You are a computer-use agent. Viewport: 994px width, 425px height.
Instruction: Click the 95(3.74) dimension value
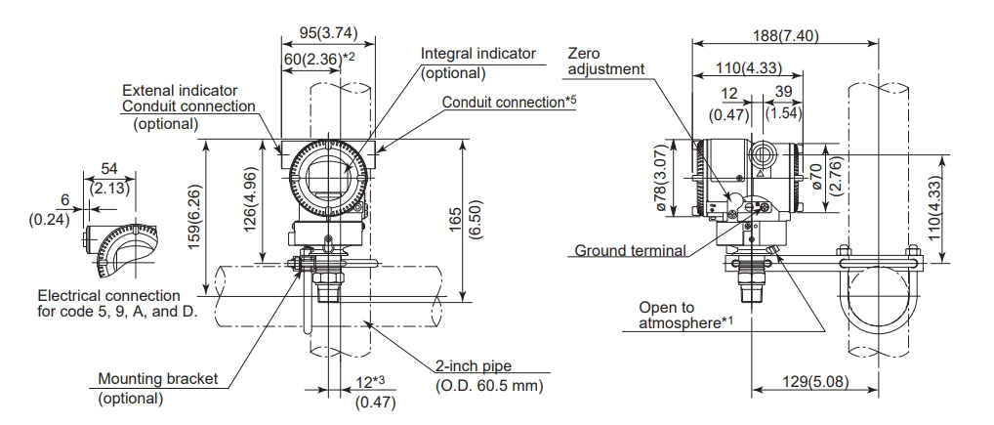coord(325,31)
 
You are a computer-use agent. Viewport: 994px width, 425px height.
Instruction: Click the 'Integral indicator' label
coord(478,54)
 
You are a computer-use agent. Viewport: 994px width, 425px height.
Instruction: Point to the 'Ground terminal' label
coord(629,250)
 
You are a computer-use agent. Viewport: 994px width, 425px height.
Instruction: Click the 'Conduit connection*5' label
coord(509,101)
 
